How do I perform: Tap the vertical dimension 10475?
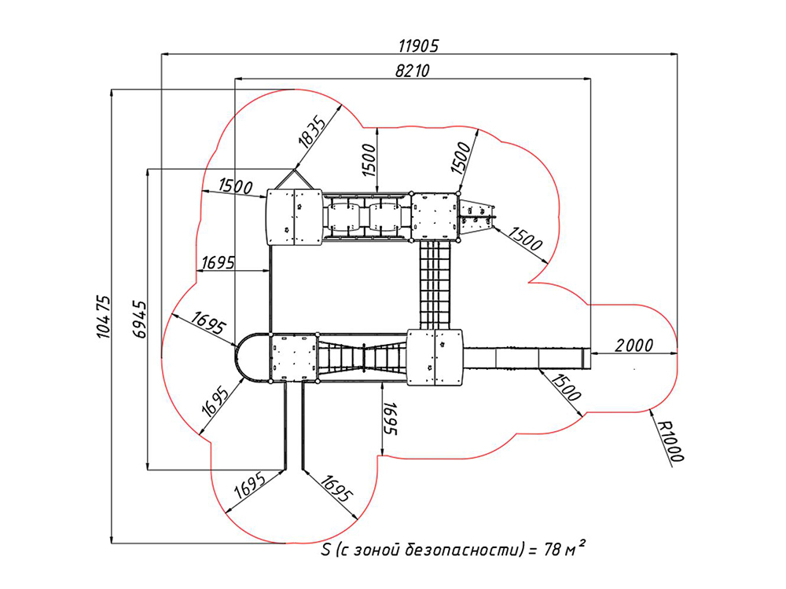[103, 316]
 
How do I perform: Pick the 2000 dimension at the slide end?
[634, 345]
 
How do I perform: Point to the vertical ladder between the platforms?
[435, 284]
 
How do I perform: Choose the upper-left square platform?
[294, 217]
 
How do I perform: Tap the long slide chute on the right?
[525, 357]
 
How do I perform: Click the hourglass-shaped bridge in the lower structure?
[364, 357]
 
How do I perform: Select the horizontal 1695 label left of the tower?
[218, 262]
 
